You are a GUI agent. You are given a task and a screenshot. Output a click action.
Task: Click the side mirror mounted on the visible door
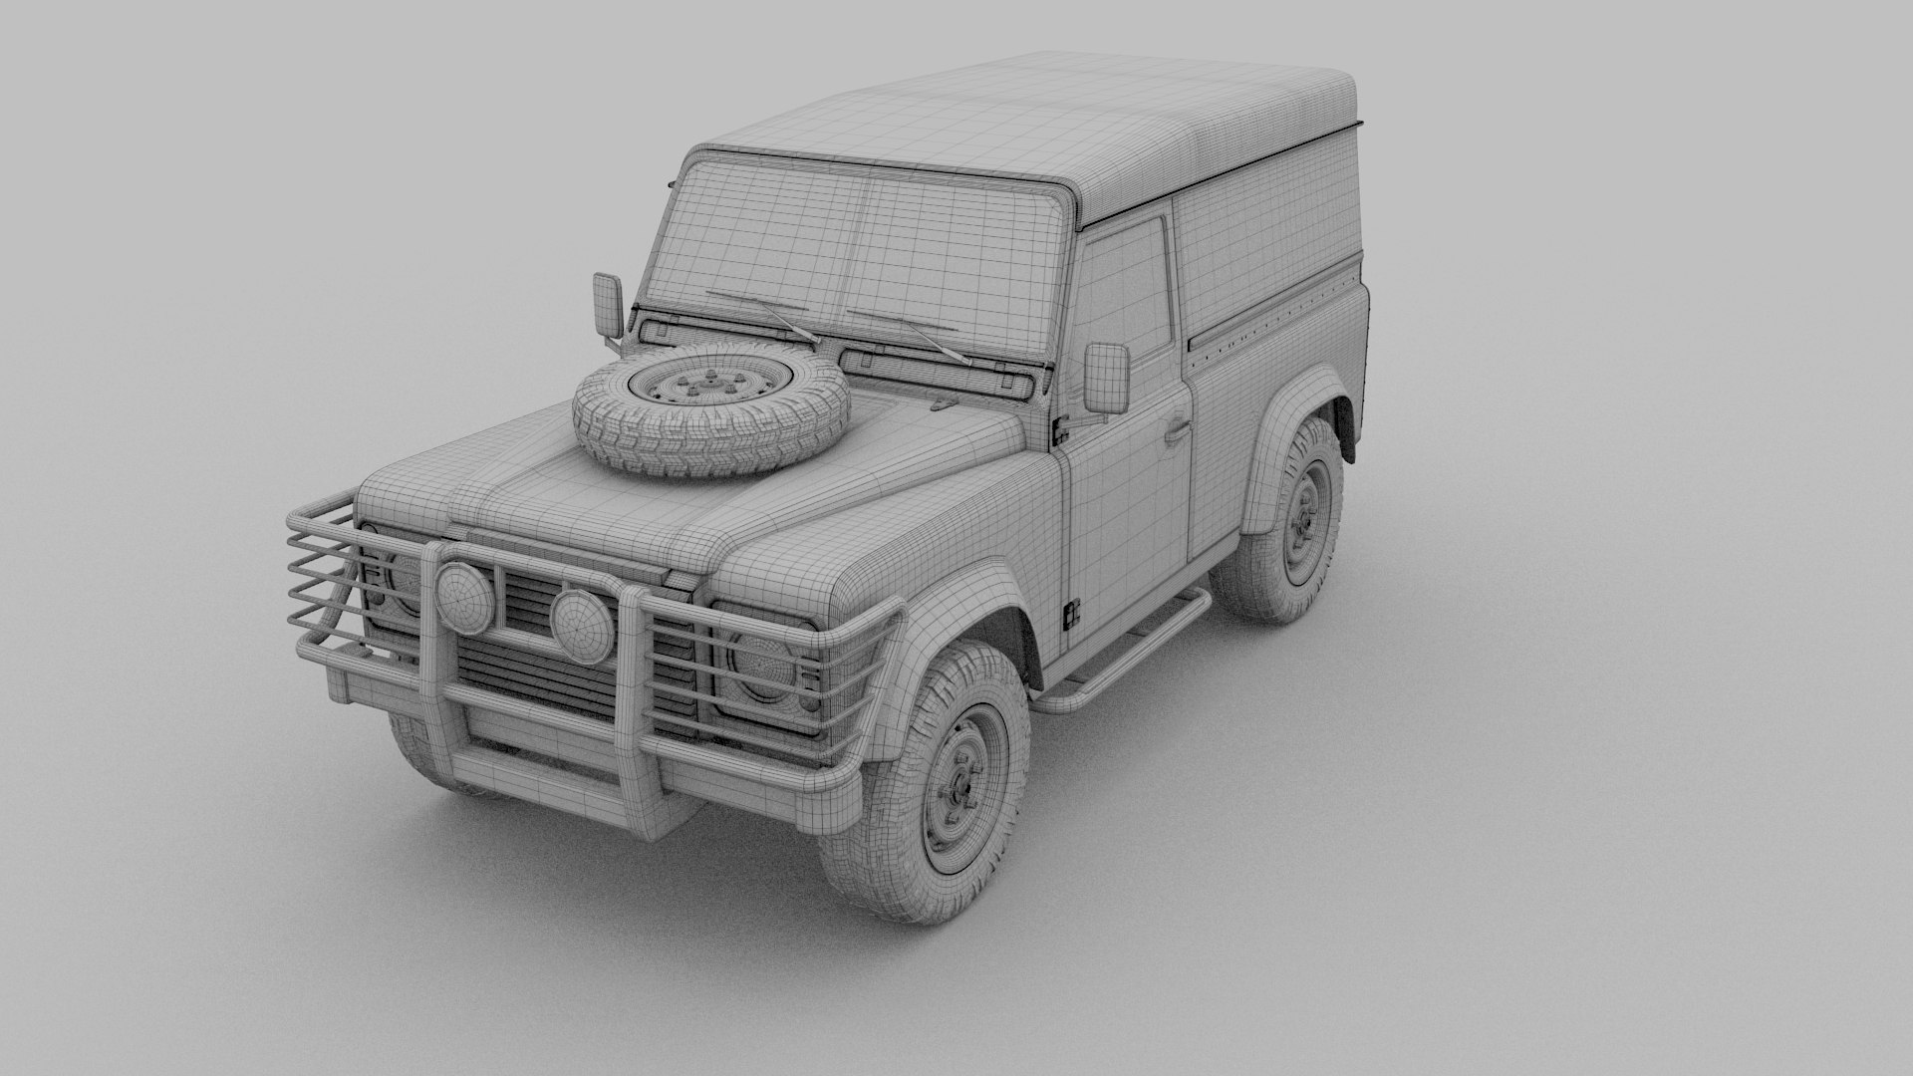[x=1106, y=378]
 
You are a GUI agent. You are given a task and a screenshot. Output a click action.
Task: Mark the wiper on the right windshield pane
[x=907, y=333]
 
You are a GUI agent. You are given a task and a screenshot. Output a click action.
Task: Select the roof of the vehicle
[x=1046, y=120]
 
